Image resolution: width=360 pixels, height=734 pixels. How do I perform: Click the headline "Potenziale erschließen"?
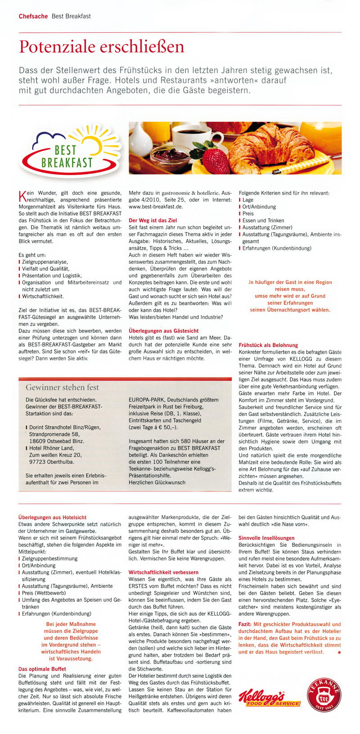(101, 47)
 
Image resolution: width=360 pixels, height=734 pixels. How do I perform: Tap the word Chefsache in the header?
(33, 16)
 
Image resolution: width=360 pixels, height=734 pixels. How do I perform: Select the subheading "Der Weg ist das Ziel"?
(153, 221)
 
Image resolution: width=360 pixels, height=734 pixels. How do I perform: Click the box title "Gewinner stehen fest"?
(62, 387)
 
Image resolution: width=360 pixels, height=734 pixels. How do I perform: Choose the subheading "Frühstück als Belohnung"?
(268, 345)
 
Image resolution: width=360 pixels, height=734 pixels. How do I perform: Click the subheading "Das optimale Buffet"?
(42, 669)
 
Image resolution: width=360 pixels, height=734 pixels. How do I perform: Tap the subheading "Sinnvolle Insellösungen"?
(266, 538)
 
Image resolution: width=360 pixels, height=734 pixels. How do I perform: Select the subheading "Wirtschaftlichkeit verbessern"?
(163, 572)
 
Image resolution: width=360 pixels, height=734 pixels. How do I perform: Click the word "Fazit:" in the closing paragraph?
(245, 624)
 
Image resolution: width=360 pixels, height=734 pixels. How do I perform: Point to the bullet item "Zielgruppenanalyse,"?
(45, 262)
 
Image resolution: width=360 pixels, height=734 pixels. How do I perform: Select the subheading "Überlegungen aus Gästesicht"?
(163, 331)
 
